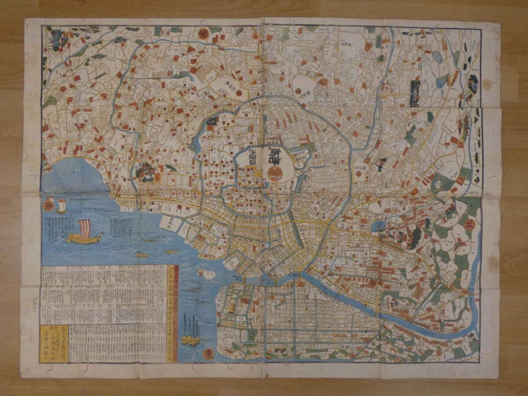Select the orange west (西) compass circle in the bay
click(x=49, y=203)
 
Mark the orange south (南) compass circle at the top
click(x=203, y=33)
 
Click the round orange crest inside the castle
click(x=275, y=173)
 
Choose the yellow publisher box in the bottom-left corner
click(x=54, y=343)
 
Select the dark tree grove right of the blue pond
click(x=414, y=238)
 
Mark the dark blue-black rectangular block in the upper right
click(x=415, y=93)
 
